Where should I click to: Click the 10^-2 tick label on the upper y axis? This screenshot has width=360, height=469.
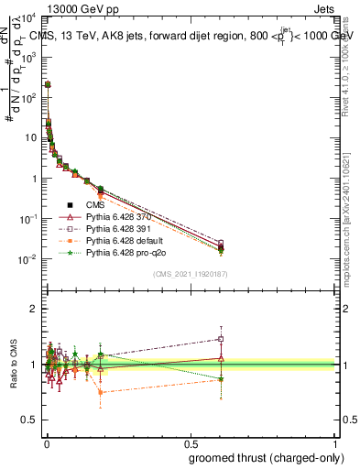(x=28, y=259)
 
